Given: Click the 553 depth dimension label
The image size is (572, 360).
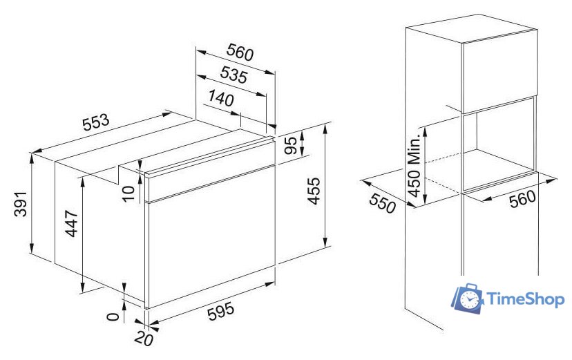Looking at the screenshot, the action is pyautogui.click(x=96, y=122).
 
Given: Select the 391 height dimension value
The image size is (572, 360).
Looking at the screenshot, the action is pyautogui.click(x=21, y=204).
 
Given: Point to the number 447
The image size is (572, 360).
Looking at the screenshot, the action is pyautogui.click(x=72, y=223).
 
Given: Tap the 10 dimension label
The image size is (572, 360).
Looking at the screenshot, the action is pyautogui.click(x=128, y=193).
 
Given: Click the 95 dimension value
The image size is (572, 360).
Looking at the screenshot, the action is pyautogui.click(x=291, y=146).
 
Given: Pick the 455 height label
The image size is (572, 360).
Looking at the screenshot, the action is pyautogui.click(x=314, y=191).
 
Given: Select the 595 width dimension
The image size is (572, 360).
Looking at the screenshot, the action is pyautogui.click(x=220, y=312).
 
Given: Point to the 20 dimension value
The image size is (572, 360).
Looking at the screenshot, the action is pyautogui.click(x=144, y=339).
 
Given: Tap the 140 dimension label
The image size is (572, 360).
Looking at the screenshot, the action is pyautogui.click(x=220, y=98).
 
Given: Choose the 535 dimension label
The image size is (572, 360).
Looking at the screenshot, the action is pyautogui.click(x=233, y=75).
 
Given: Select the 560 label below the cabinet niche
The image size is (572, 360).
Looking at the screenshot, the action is pyautogui.click(x=522, y=199).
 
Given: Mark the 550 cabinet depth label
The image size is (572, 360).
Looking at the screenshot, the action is pyautogui.click(x=382, y=202).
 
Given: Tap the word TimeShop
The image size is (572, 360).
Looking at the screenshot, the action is pyautogui.click(x=526, y=299).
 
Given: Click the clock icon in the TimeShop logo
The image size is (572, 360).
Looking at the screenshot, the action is pyautogui.click(x=469, y=300).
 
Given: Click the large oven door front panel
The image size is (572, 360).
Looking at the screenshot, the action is pyautogui.click(x=211, y=237).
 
